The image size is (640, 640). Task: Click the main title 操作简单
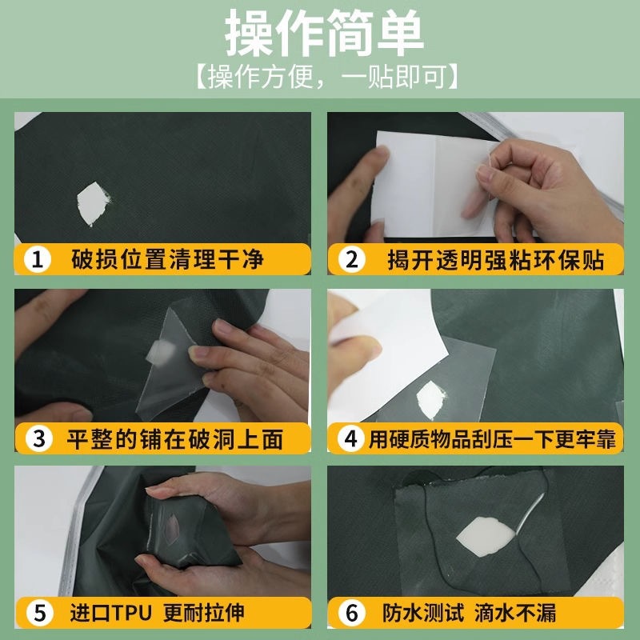click(x=324, y=33)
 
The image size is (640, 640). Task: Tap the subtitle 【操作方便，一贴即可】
click(x=326, y=76)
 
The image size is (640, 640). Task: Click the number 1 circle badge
click(x=37, y=259)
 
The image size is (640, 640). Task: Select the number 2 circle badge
click(x=351, y=259)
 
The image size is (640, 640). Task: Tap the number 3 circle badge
click(x=38, y=438)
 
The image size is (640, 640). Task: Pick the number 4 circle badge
click(x=350, y=438)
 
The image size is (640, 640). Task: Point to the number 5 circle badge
click(x=39, y=613)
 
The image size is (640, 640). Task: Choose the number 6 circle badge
click(x=351, y=613)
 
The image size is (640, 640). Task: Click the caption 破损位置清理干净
click(x=167, y=259)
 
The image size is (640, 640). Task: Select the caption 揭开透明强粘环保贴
click(x=496, y=260)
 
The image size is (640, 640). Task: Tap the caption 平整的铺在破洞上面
click(x=175, y=439)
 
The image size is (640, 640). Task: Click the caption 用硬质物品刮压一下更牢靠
click(x=492, y=439)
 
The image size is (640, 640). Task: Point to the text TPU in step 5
click(x=131, y=613)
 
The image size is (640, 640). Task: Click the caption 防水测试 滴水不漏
click(x=469, y=613)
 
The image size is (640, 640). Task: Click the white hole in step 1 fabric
click(x=93, y=203)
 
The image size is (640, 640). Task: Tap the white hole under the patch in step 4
click(x=430, y=400)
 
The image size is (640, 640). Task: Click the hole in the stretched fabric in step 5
click(x=171, y=529)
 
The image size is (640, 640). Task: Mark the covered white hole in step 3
click(x=161, y=352)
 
